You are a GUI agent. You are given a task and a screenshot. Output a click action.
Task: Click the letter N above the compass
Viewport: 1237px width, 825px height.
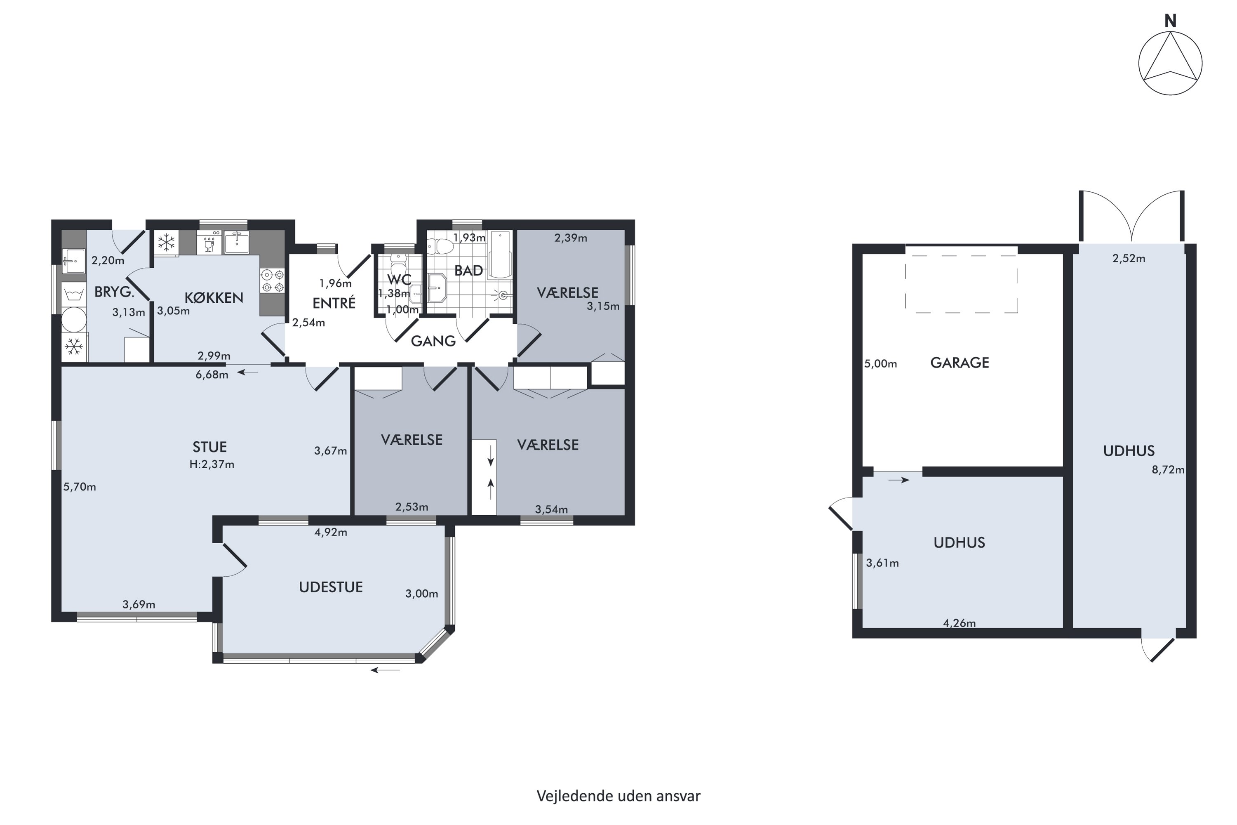pyautogui.click(x=1170, y=21)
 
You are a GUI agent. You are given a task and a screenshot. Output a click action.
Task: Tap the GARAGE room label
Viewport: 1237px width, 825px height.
pyautogui.click(x=959, y=363)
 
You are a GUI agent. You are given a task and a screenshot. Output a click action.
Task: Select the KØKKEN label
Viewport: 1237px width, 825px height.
pyautogui.click(x=214, y=298)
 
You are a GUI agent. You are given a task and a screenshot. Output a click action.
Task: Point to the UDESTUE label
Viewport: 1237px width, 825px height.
pyautogui.click(x=331, y=587)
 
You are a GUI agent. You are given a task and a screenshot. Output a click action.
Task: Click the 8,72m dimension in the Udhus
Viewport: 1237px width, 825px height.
pyautogui.click(x=1168, y=470)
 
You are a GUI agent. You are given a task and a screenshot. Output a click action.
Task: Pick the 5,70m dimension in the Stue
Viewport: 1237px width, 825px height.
pyautogui.click(x=80, y=487)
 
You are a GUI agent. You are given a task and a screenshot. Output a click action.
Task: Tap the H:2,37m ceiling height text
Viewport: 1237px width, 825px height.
pyautogui.click(x=212, y=464)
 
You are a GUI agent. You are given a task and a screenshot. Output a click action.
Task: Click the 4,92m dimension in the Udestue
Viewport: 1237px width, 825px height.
pyautogui.click(x=331, y=533)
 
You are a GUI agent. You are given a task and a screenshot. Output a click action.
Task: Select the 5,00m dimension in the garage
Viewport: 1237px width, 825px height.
pyautogui.click(x=880, y=363)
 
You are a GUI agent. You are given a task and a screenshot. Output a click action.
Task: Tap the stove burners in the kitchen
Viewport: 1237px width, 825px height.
pyautogui.click(x=273, y=280)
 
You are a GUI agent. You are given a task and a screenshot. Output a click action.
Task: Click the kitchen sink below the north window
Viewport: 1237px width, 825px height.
pyautogui.click(x=237, y=243)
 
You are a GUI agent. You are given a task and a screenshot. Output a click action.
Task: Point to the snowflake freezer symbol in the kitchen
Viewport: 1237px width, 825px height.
pyautogui.click(x=167, y=243)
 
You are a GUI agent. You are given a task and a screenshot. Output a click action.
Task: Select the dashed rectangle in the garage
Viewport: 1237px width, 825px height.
pyautogui.click(x=962, y=284)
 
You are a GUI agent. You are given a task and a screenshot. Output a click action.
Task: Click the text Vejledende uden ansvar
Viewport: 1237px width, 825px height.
pyautogui.click(x=618, y=796)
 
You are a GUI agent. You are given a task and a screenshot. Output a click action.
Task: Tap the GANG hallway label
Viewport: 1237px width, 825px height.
pyautogui.click(x=433, y=342)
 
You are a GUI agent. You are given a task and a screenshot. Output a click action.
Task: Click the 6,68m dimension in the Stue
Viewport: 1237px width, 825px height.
pyautogui.click(x=212, y=375)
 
